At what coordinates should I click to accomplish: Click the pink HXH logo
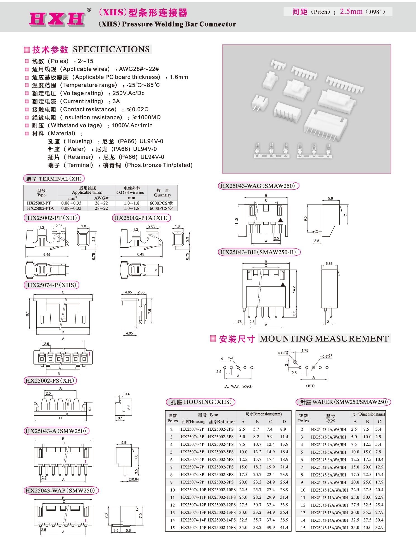click(57, 19)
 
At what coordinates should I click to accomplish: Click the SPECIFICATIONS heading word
click(111, 49)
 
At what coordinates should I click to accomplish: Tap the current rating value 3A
click(116, 101)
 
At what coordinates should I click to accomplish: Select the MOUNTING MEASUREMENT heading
click(324, 339)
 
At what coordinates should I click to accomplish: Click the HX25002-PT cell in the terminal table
click(39, 203)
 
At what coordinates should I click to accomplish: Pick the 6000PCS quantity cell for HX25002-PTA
click(161, 208)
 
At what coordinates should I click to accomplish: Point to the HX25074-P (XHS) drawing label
click(52, 285)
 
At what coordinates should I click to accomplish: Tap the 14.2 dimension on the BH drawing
click(294, 289)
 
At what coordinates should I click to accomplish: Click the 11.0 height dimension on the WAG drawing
click(237, 221)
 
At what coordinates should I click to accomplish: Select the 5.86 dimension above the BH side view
click(329, 264)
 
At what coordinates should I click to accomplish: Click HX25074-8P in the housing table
click(192, 475)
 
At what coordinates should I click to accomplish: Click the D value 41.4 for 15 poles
click(284, 528)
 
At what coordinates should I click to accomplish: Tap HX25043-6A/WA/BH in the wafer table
click(328, 459)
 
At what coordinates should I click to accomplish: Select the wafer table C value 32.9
click(379, 528)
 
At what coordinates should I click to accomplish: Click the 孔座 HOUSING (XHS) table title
click(201, 402)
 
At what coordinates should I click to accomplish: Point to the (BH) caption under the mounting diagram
click(310, 386)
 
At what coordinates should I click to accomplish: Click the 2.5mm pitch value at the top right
click(351, 11)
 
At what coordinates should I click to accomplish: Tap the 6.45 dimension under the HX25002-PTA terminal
click(141, 254)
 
